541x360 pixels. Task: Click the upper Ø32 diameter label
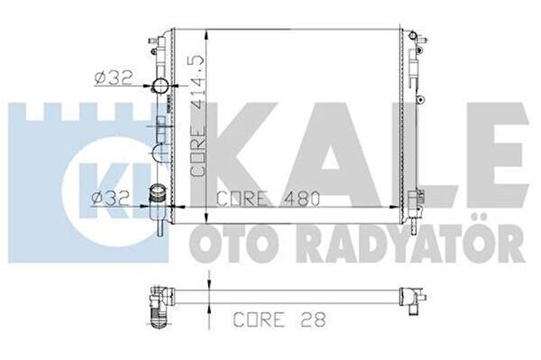point(114,78)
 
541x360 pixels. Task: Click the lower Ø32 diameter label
point(110,199)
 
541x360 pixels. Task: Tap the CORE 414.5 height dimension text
point(197,115)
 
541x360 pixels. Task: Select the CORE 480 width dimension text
point(269,198)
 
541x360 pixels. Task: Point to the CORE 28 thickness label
point(280,319)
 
